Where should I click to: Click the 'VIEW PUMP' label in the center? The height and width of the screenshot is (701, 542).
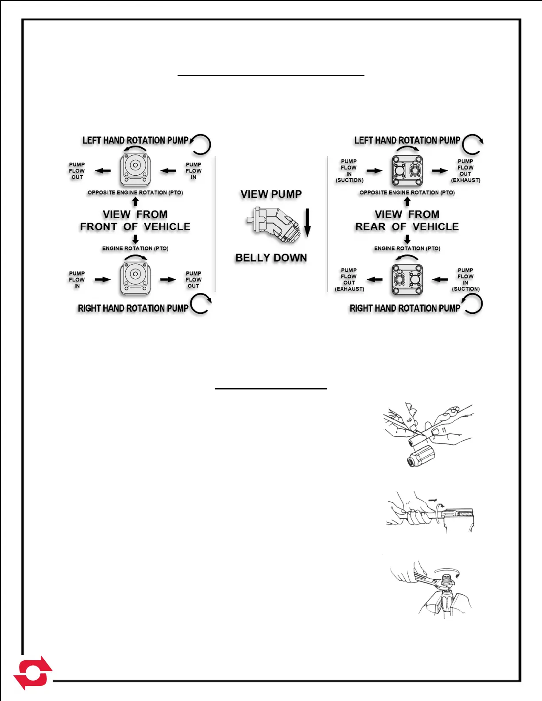(271, 194)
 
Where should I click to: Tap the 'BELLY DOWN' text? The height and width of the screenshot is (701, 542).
(271, 258)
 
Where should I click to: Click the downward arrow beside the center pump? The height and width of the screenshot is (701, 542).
(307, 223)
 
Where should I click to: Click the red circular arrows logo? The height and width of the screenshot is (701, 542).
(33, 673)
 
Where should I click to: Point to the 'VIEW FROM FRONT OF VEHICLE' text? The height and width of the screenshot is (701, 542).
(135, 220)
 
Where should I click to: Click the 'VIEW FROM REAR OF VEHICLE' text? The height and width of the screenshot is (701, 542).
(407, 220)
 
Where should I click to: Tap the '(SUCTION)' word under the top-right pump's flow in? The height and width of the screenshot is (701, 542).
(349, 180)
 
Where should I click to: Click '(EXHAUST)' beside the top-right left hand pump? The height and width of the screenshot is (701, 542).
(465, 180)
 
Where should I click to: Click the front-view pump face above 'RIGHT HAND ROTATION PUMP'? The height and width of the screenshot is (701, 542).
(135, 278)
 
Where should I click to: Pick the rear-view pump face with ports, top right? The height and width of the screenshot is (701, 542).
(407, 170)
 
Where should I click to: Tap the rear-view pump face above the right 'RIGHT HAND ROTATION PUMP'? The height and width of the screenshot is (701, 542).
(407, 279)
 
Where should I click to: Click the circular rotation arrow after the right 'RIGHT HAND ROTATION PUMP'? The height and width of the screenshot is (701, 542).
(472, 304)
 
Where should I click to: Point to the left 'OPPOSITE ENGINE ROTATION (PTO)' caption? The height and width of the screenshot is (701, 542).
(135, 193)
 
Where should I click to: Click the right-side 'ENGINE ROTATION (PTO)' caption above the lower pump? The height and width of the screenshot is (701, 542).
(407, 248)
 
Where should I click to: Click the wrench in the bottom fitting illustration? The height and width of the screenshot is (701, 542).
(427, 579)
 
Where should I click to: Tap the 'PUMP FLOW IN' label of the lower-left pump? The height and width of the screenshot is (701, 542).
(77, 280)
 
